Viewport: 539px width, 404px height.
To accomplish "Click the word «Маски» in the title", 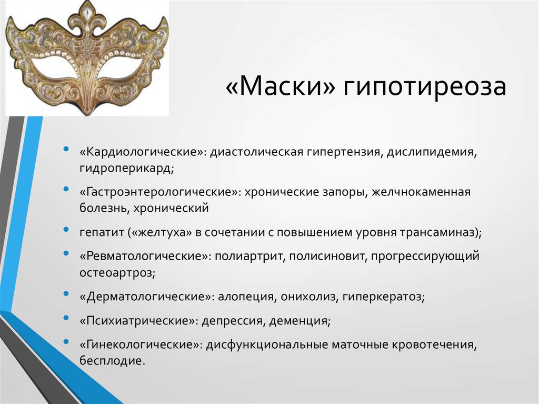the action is (x=280, y=86).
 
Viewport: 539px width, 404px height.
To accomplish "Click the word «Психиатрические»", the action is (x=137, y=321).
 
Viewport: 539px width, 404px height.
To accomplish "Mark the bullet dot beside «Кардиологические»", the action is (x=66, y=149).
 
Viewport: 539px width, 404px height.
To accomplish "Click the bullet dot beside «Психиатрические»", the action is (x=66, y=318).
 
